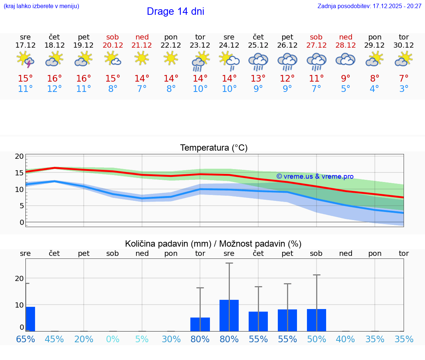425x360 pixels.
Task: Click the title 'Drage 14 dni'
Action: [x=175, y=11]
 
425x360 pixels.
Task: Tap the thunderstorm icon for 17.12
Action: [x=25, y=59]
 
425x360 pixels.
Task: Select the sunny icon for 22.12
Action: [x=171, y=58]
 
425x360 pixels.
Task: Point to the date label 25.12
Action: [x=258, y=45]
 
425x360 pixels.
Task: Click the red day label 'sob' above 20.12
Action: [x=113, y=37]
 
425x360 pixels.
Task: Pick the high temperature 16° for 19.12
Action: [x=84, y=79]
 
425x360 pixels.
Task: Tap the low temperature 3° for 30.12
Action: [x=404, y=89]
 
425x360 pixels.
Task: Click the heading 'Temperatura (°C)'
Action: [x=214, y=148]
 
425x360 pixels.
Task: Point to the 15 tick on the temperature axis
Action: [x=19, y=173]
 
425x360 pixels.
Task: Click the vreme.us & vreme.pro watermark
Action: [x=315, y=176]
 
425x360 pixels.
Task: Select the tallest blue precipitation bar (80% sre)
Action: [x=229, y=315]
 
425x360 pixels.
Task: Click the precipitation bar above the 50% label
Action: [x=317, y=320]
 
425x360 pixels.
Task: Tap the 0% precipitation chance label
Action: [x=113, y=339]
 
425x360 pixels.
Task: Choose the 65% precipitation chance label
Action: [x=25, y=339]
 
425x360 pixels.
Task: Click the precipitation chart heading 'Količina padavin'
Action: [x=168, y=244]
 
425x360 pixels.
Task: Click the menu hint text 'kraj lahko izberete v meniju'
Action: [x=41, y=6]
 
